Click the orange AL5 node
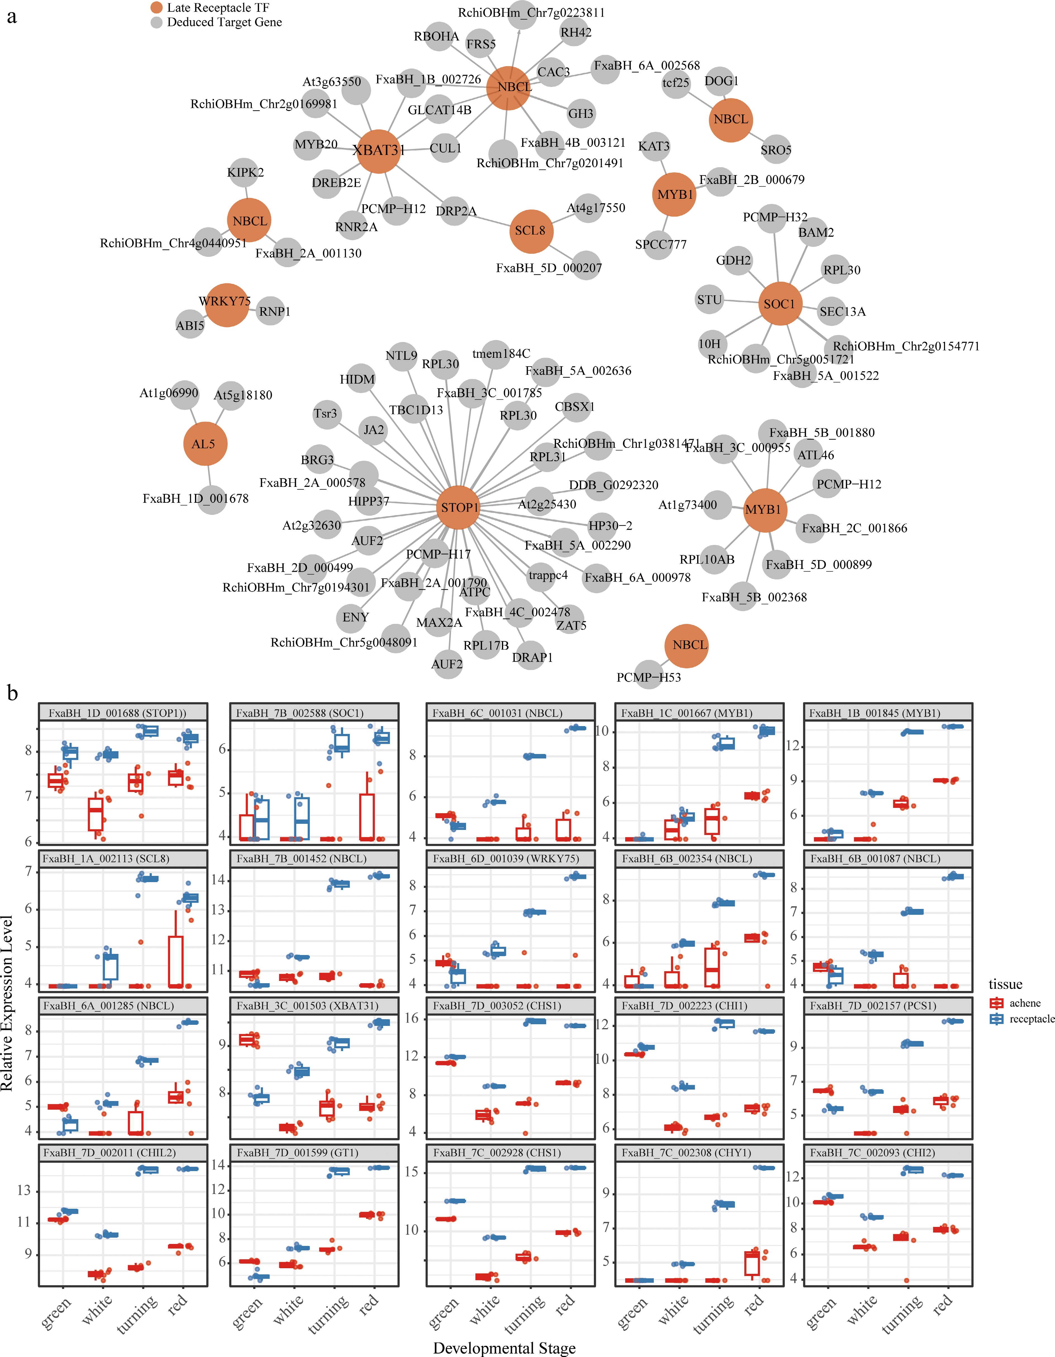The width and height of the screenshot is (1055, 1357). coord(204,444)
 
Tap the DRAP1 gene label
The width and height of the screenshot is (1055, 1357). coord(533,657)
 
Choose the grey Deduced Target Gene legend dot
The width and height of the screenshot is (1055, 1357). coord(157,22)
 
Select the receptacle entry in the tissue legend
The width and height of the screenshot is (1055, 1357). coord(1031,1019)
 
